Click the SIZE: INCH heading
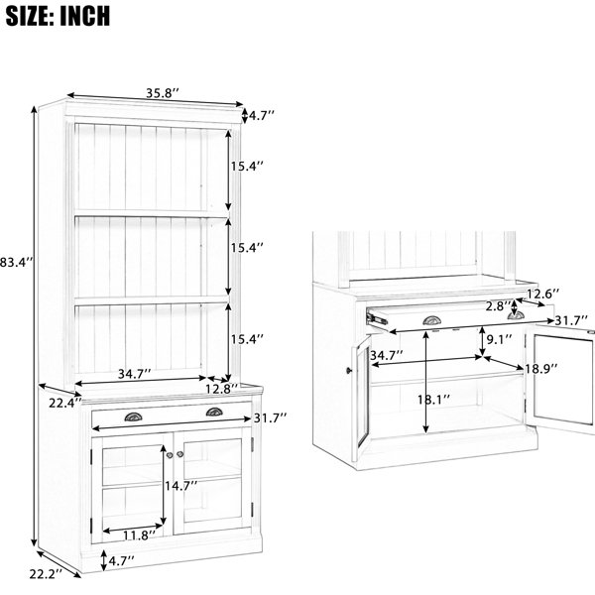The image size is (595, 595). click(58, 16)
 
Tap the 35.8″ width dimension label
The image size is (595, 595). click(162, 93)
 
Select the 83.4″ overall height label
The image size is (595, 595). click(17, 262)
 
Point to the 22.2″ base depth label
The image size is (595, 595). click(46, 574)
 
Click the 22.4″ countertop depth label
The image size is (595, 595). click(64, 403)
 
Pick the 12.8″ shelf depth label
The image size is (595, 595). click(222, 389)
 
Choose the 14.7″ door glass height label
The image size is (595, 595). click(181, 485)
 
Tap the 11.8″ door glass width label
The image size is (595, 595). click(139, 535)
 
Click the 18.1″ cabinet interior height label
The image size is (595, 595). click(433, 400)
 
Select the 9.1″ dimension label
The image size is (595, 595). click(500, 339)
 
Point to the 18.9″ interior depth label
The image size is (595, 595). click(541, 367)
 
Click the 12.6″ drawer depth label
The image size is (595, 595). click(543, 294)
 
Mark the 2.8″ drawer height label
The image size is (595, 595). click(499, 305)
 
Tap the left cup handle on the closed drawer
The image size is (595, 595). click(134, 416)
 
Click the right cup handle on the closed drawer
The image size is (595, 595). click(214, 413)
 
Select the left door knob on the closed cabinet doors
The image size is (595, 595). click(170, 455)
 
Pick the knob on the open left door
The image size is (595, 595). click(349, 370)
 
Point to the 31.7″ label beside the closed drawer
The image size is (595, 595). click(270, 418)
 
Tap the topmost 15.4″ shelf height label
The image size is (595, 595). click(247, 167)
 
